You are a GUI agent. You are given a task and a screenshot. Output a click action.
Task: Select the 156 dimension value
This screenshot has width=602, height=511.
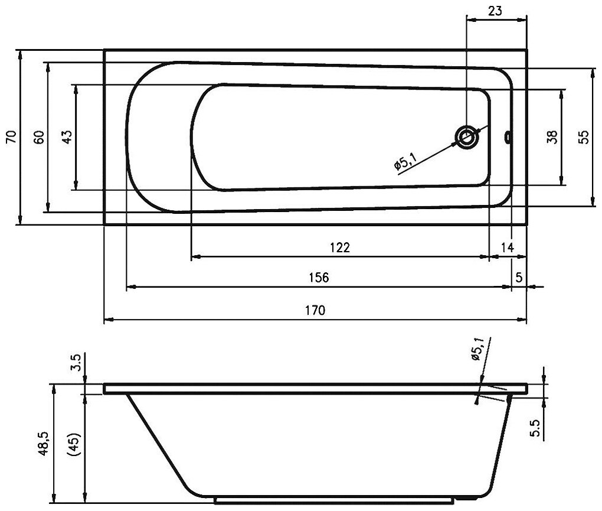coord(318,277)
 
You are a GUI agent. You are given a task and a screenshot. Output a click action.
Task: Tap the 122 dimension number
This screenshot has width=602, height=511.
coord(340,247)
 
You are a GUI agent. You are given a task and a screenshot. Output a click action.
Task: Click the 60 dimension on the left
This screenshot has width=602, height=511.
coord(38,137)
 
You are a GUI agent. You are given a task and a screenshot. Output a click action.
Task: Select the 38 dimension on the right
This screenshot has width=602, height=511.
coord(551,137)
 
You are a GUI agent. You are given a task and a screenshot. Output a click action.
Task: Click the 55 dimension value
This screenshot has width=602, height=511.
coord(583,137)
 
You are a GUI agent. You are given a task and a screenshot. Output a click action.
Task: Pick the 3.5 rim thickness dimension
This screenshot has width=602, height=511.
coord(75,361)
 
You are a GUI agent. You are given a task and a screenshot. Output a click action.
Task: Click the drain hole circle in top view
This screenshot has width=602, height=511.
coord(466,137)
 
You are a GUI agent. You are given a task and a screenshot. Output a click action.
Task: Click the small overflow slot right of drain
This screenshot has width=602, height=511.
coord(507,138)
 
